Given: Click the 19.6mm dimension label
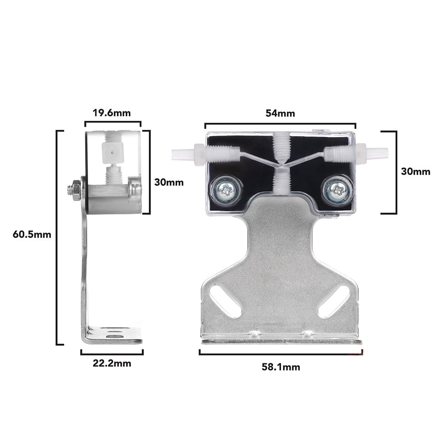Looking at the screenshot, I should click(x=112, y=113).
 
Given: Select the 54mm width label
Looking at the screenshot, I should click(x=280, y=113).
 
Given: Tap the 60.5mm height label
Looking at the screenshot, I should click(x=32, y=235).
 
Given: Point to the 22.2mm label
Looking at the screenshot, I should click(x=112, y=364).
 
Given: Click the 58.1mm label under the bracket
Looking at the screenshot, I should click(x=280, y=367).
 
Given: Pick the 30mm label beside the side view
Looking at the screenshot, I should click(x=168, y=182).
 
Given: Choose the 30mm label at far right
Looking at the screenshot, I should click(x=415, y=172).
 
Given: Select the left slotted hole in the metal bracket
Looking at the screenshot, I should click(x=225, y=301).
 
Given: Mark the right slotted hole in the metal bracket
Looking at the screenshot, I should click(x=334, y=301).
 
